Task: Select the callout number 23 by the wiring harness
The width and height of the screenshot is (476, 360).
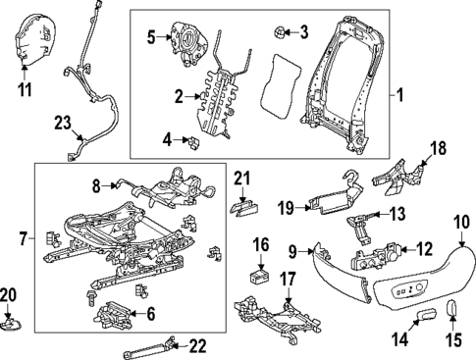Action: point(62,123)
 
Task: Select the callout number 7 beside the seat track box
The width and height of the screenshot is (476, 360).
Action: point(25,236)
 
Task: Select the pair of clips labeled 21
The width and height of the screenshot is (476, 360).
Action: point(243,205)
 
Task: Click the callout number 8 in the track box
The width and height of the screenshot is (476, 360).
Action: point(96,183)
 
